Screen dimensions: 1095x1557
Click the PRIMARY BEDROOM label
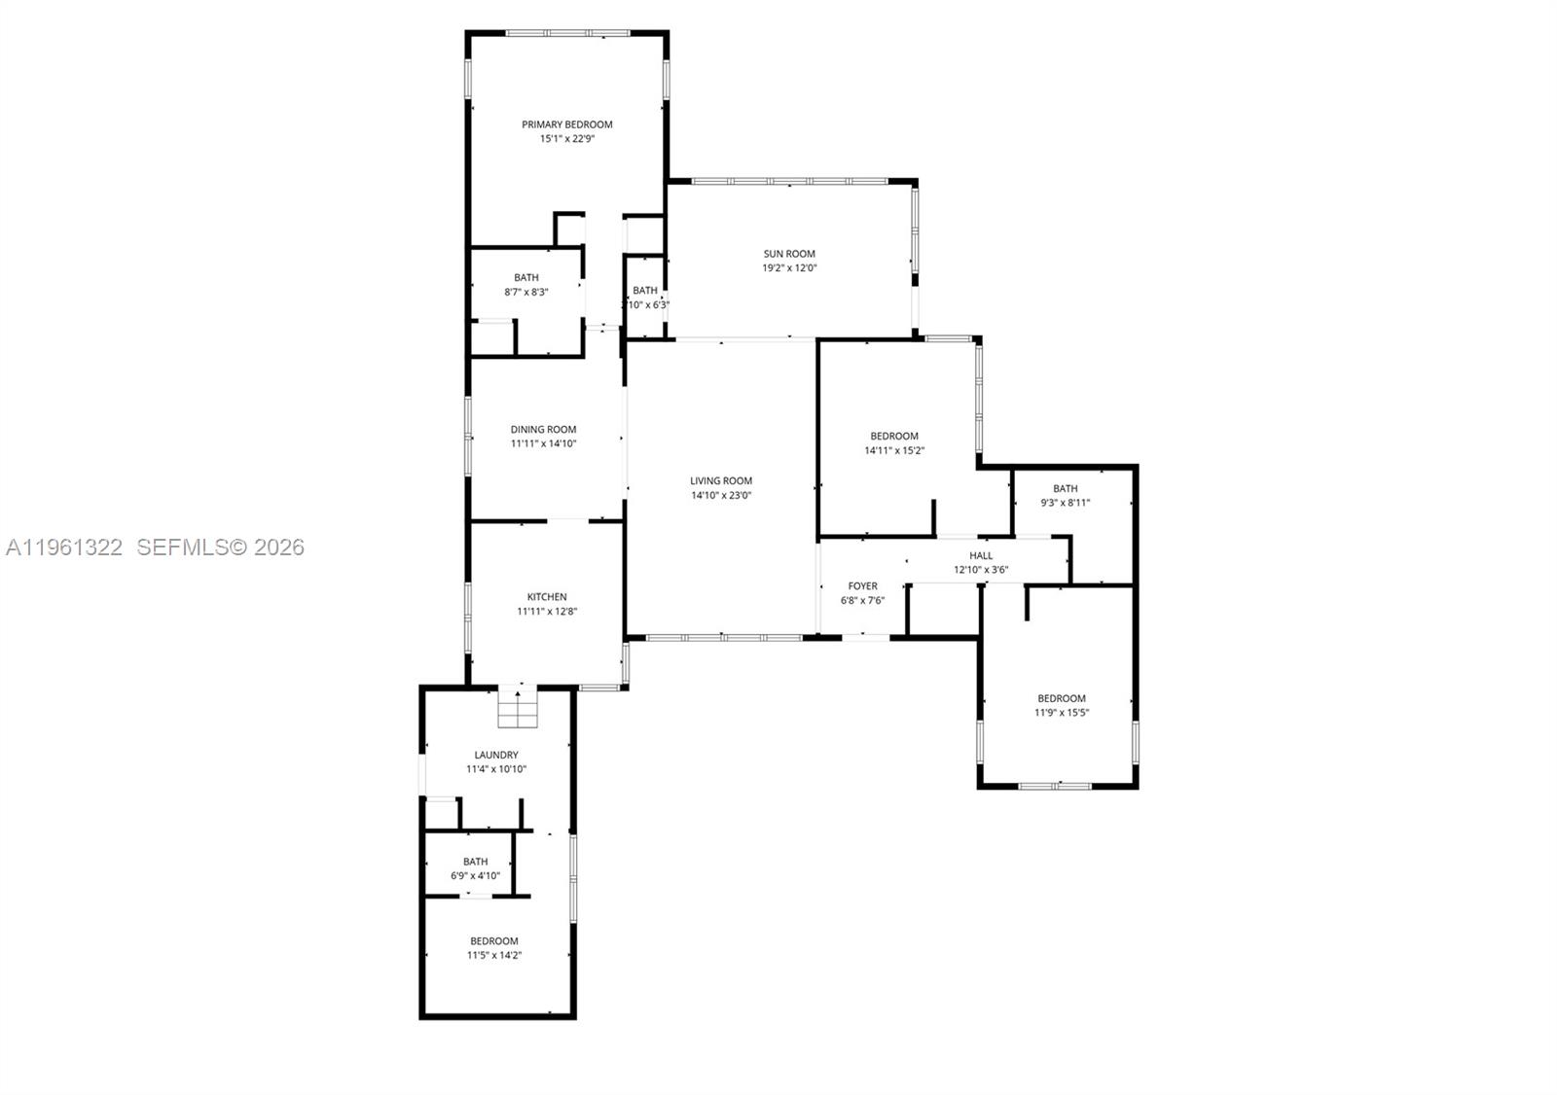pyautogui.click(x=566, y=124)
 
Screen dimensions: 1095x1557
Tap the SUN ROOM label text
pyautogui.click(x=788, y=254)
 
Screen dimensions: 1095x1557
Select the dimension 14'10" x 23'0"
pyautogui.click(x=721, y=495)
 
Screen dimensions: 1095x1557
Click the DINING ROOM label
pyautogui.click(x=543, y=429)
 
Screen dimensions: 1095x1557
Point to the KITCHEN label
pyautogui.click(x=547, y=597)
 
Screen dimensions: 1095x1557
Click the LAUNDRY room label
pyautogui.click(x=496, y=755)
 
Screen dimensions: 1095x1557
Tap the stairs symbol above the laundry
pyautogui.click(x=518, y=708)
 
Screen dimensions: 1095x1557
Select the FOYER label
pyautogui.click(x=862, y=586)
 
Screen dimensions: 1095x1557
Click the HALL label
pyautogui.click(x=981, y=556)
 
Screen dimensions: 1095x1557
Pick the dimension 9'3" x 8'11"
pyautogui.click(x=1065, y=503)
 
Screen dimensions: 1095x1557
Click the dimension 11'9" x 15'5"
pyautogui.click(x=1061, y=713)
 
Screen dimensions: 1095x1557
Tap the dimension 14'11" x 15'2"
pyautogui.click(x=893, y=450)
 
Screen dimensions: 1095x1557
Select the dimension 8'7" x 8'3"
pyautogui.click(x=525, y=292)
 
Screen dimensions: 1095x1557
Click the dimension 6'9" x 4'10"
pyautogui.click(x=475, y=875)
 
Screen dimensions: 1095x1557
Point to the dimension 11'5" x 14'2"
pyautogui.click(x=493, y=955)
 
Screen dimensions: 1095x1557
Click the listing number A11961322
pyautogui.click(x=64, y=547)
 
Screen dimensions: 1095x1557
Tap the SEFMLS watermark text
pyautogui.click(x=220, y=547)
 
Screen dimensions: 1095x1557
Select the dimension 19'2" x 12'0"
pyautogui.click(x=788, y=267)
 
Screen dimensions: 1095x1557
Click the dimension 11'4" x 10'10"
pyautogui.click(x=496, y=769)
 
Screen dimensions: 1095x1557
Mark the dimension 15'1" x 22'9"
pyautogui.click(x=566, y=139)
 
